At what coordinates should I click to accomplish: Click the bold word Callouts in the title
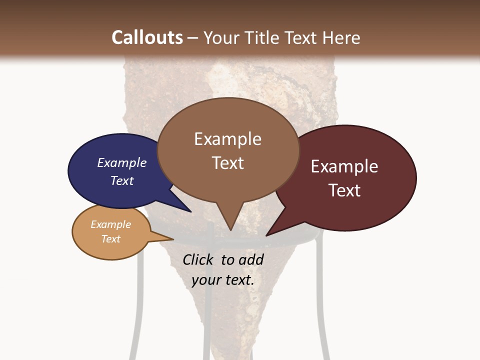coord(147,37)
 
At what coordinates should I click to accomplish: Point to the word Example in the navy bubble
coord(121,162)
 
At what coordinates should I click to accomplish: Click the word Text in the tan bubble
coord(111,239)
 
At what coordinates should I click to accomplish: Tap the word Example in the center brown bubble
coord(227,139)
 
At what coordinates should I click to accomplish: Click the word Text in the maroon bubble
coord(344,190)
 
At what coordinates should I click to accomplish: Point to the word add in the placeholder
coord(251,259)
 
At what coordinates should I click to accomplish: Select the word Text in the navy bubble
coord(121,180)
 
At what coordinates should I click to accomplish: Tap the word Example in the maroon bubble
coord(344,166)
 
